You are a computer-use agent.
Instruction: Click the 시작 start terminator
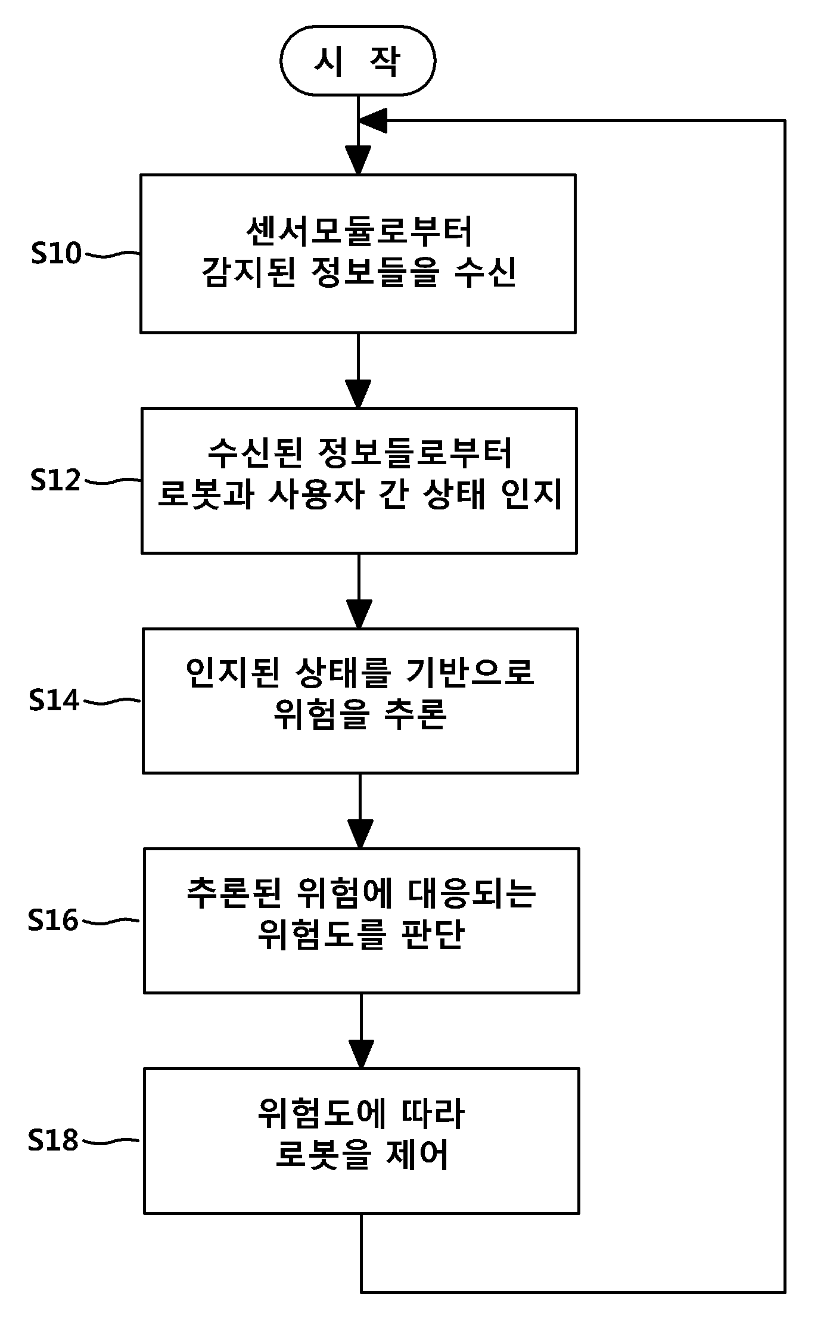(358, 60)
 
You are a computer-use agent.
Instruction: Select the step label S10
(56, 253)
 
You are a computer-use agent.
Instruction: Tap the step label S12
(55, 480)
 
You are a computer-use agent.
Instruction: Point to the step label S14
(54, 700)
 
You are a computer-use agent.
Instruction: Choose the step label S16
(53, 921)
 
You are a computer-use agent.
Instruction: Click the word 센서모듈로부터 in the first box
(359, 231)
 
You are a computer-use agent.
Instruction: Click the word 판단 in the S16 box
(433, 934)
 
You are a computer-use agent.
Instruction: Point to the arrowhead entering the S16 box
(360, 834)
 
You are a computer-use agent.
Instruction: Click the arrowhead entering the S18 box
(361, 1054)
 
